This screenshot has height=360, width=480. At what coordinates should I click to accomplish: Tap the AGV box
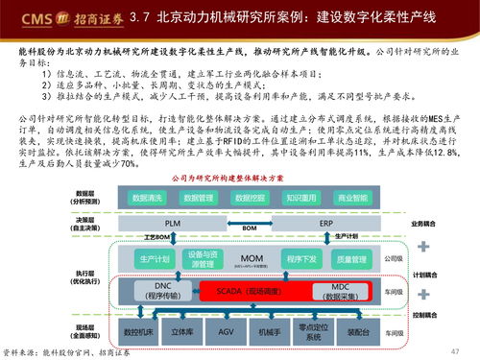coord(224,331)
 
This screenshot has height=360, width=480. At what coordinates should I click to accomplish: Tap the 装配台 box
coord(357,331)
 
